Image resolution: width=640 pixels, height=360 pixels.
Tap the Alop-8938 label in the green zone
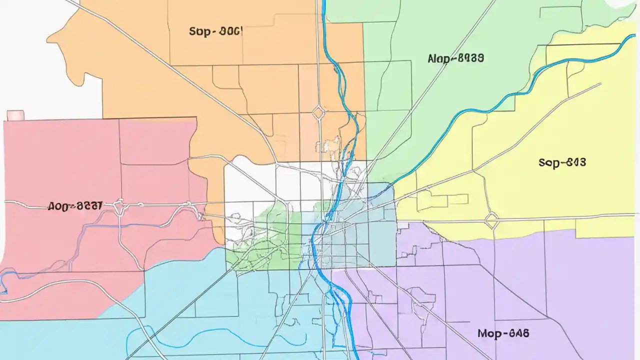(455, 58)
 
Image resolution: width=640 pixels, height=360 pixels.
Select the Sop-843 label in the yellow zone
(562, 162)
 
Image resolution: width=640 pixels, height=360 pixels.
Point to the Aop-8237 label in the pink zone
(75, 205)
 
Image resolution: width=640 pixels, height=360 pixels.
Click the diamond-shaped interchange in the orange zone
(318, 112)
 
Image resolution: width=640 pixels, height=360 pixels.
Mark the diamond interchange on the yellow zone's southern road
(492, 219)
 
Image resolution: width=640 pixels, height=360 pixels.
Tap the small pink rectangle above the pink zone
(15, 115)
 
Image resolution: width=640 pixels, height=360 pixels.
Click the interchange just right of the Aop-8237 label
(119, 205)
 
